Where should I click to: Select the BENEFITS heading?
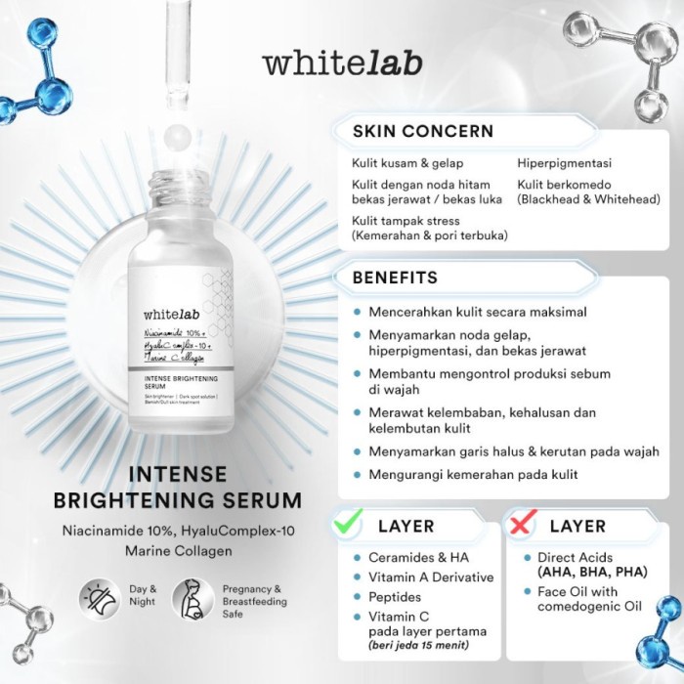pos(395,278)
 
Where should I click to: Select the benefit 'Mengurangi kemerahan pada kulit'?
pos(473,475)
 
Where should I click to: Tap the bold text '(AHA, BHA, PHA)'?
pos(589,574)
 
